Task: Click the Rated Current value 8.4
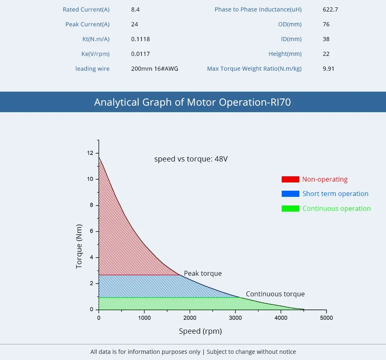pos(135,9)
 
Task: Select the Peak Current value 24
pos(134,24)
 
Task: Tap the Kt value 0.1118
pos(140,39)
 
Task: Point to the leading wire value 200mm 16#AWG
pos(154,69)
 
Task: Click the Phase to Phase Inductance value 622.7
pos(330,9)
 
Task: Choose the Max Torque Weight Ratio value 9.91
pos(329,69)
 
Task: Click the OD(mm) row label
pos(289,24)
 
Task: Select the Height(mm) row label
pos(285,54)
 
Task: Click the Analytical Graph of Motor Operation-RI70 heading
pos(193,102)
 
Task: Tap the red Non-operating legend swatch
pos(290,179)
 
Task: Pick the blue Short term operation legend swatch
pos(290,194)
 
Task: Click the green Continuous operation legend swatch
pos(290,208)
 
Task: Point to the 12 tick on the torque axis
pos(90,153)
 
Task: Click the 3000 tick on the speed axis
pos(235,318)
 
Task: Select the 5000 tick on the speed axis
pos(326,318)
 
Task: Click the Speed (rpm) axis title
pos(200,331)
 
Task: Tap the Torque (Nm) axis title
pos(79,247)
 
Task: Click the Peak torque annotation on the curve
pos(203,273)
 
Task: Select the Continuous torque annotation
pos(275,294)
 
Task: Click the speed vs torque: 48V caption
pos(191,159)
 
